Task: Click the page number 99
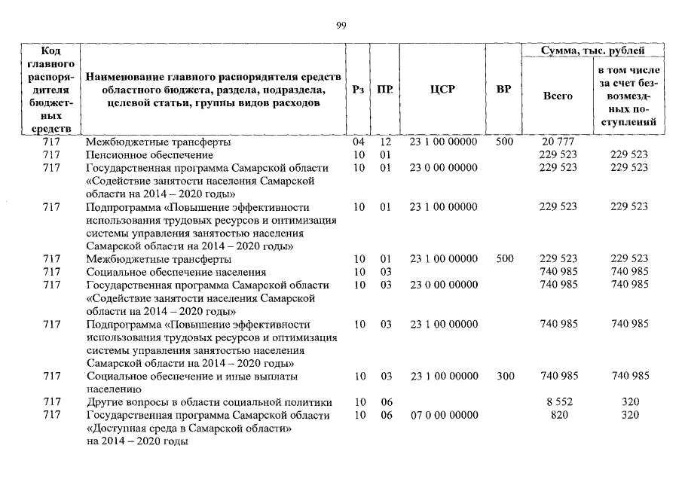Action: point(341,26)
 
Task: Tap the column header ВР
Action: point(504,90)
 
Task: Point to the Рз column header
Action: point(359,90)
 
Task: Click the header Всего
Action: point(558,96)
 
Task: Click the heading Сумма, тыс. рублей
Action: point(593,50)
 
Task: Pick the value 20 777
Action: point(558,142)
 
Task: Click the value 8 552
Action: point(558,402)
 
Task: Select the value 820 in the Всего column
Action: point(558,415)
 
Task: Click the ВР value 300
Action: point(504,376)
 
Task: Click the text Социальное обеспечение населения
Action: point(176,271)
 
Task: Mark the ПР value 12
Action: point(386,142)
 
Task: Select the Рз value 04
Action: point(359,142)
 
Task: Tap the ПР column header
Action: point(385,90)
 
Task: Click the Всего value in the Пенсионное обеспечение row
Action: point(558,154)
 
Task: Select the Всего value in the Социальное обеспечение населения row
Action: point(558,271)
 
